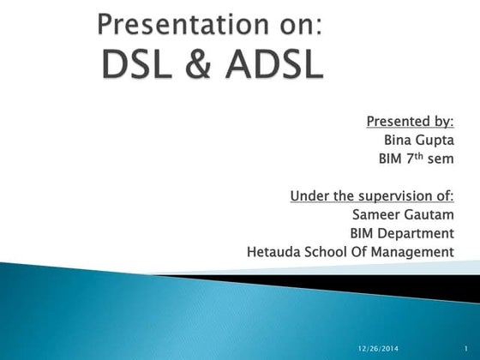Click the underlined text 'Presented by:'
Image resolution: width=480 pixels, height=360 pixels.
pyautogui.click(x=410, y=118)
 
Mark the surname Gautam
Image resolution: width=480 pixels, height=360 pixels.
pyautogui.click(x=429, y=214)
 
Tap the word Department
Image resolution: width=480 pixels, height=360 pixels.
pyautogui.click(x=417, y=233)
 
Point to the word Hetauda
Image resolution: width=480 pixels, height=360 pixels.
pyautogui.click(x=275, y=252)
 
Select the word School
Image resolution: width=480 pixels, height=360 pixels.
pyautogui.click(x=334, y=252)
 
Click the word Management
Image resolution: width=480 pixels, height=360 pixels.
pyautogui.click(x=416, y=252)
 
